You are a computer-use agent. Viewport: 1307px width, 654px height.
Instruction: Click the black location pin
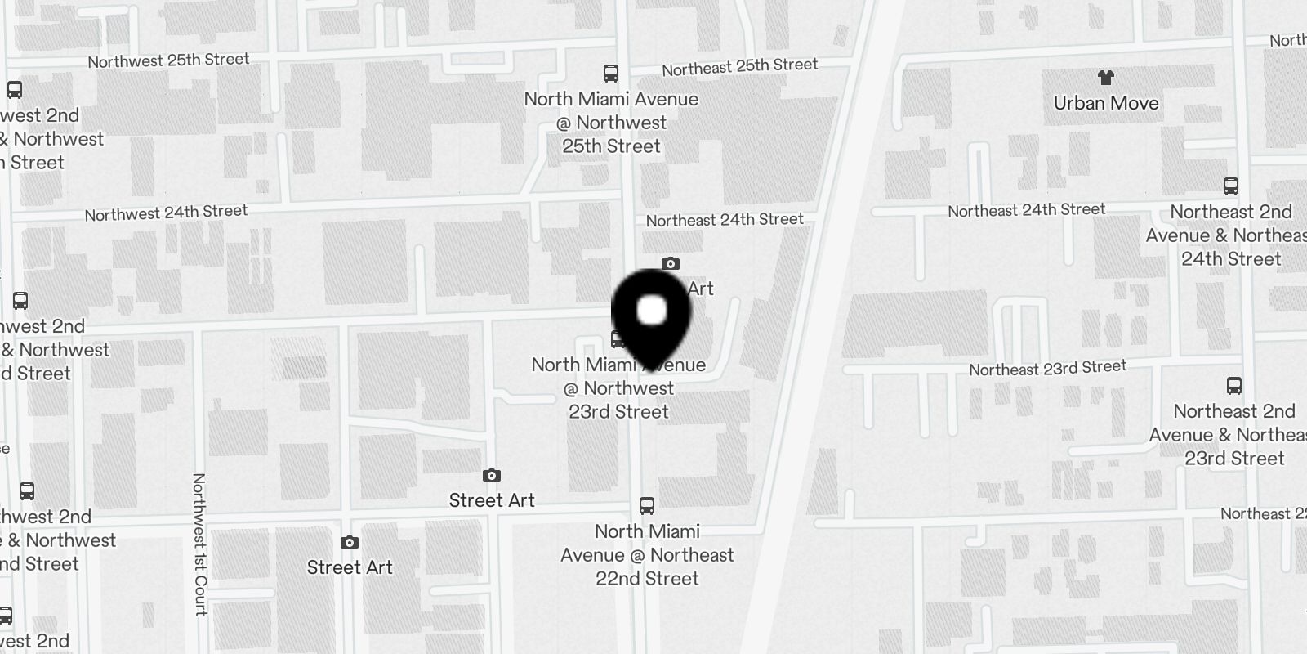[651, 315]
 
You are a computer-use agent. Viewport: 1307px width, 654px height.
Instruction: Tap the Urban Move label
[1106, 103]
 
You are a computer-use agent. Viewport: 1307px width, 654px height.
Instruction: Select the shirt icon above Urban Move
[1106, 78]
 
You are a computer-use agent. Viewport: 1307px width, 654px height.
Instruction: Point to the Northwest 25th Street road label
[168, 60]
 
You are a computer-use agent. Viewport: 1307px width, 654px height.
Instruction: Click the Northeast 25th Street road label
[739, 66]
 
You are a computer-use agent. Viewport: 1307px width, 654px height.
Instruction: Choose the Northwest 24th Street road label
[166, 213]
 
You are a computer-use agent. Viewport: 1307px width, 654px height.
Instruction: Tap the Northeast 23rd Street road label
[1047, 369]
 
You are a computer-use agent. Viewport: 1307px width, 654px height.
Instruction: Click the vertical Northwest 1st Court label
[199, 544]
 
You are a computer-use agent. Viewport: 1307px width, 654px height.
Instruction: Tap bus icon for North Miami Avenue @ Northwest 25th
[610, 74]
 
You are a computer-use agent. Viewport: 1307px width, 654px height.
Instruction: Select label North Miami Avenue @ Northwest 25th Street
[611, 123]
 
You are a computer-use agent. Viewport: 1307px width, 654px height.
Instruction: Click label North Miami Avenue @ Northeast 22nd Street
[647, 555]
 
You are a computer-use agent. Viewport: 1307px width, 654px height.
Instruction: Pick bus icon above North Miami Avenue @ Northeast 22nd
[647, 505]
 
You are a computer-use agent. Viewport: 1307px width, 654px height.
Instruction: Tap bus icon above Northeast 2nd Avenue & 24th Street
[1231, 186]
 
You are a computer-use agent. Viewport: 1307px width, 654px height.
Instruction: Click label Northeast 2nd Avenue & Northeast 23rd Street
[1234, 435]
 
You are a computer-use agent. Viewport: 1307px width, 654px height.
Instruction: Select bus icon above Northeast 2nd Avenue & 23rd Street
[1234, 386]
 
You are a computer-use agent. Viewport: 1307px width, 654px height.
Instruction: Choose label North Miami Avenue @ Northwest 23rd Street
[618, 389]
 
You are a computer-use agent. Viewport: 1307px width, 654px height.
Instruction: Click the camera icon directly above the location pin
[671, 263]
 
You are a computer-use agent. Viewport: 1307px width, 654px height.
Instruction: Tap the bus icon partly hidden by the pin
[618, 338]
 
